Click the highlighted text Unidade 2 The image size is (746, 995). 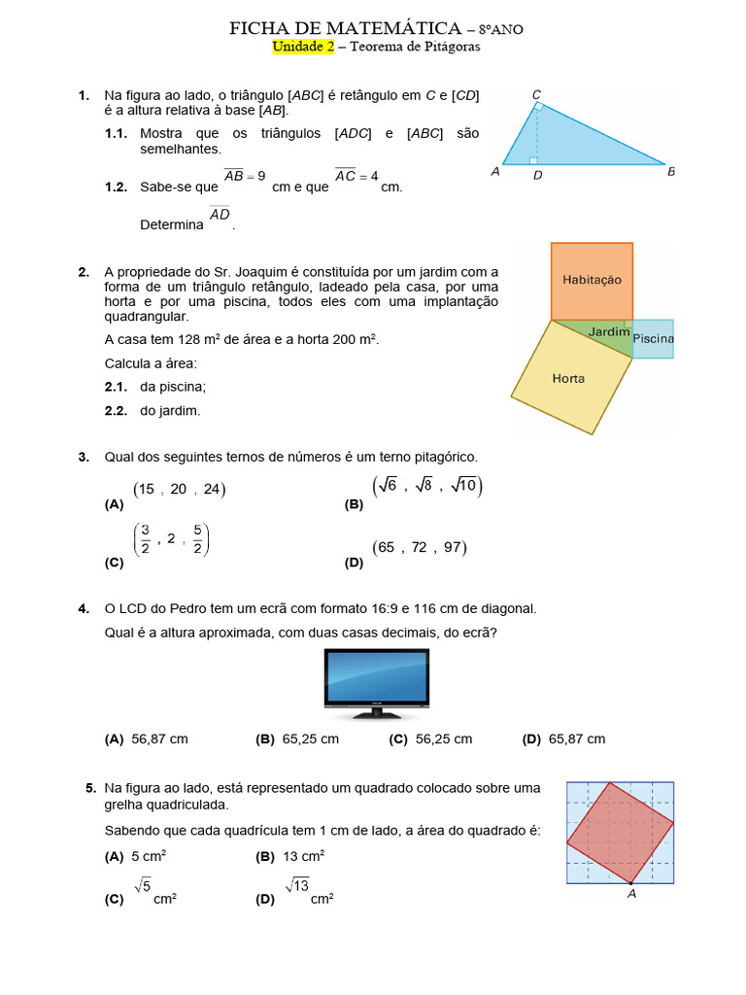click(303, 46)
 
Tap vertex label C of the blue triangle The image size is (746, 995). click(537, 94)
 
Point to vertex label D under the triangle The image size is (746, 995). click(537, 176)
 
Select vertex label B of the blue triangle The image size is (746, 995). click(671, 172)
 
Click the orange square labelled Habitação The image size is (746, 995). click(592, 280)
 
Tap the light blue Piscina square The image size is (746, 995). click(653, 339)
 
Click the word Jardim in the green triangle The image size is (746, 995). click(609, 331)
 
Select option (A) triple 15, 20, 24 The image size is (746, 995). click(179, 490)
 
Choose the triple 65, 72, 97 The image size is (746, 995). click(421, 547)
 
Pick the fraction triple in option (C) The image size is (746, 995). click(171, 539)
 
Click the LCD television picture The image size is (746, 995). click(376, 683)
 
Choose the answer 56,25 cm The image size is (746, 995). click(443, 738)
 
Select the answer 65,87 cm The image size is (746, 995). click(576, 738)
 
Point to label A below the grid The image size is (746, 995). click(631, 894)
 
